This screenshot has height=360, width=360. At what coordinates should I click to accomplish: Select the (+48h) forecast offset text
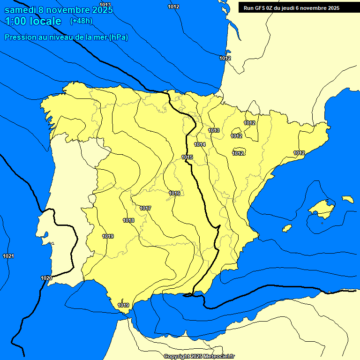[x=81, y=21]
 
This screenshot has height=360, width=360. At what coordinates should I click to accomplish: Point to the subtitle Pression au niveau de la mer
[x=66, y=37]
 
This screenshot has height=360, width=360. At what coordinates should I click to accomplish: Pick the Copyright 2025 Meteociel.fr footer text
[x=199, y=356]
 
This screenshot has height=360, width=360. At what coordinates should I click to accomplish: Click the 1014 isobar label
[x=200, y=144]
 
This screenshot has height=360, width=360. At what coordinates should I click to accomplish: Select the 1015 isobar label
[x=187, y=157]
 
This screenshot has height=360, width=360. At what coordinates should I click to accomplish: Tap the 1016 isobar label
[x=174, y=193]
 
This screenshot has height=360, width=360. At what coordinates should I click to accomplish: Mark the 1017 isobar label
[x=145, y=208]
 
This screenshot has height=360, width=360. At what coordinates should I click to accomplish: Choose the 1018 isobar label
[x=128, y=220]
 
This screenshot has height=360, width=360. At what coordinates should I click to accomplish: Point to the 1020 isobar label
[x=46, y=278]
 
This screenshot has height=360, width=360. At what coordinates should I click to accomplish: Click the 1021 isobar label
[x=8, y=256]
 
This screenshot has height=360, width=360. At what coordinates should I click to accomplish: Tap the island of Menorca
[x=348, y=199]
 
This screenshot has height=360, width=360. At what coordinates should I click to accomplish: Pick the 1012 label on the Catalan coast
[x=299, y=153]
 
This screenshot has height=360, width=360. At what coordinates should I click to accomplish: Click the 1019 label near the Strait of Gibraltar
[x=123, y=305]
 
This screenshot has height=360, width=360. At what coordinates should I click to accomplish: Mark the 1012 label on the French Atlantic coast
[x=225, y=58]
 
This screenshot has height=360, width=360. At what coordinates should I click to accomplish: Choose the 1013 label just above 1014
[x=214, y=130]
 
